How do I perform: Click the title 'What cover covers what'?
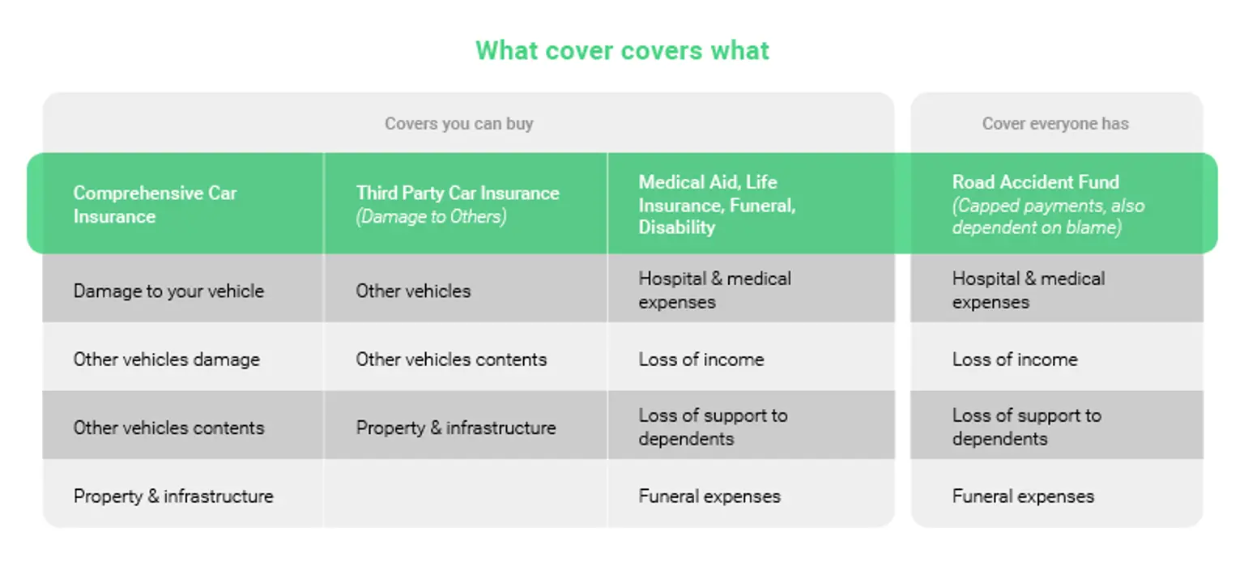click(x=622, y=50)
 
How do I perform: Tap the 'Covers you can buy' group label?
click(x=458, y=124)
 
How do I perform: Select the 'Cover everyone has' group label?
click(x=1055, y=124)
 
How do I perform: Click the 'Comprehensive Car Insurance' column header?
click(x=155, y=204)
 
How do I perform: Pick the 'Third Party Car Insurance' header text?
click(x=458, y=193)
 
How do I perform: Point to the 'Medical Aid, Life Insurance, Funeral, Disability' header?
click(x=717, y=204)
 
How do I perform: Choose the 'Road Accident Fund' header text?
click(x=1035, y=182)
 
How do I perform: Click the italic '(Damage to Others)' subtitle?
click(x=431, y=217)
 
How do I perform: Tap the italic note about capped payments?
click(x=1048, y=217)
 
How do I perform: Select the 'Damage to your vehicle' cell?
click(x=168, y=291)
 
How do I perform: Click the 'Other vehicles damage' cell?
click(x=166, y=360)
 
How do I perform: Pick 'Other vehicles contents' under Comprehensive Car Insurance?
click(x=168, y=428)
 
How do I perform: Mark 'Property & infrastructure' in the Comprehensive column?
click(x=173, y=496)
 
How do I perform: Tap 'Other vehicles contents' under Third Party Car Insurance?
click(x=451, y=360)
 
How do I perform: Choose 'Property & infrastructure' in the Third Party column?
click(x=456, y=428)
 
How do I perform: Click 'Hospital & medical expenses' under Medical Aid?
click(x=714, y=290)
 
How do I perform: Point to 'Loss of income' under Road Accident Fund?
click(x=1015, y=360)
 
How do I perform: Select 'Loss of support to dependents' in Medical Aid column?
click(x=713, y=427)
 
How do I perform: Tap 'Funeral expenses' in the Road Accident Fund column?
click(x=1023, y=496)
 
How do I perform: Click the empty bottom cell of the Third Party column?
click(x=465, y=495)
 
